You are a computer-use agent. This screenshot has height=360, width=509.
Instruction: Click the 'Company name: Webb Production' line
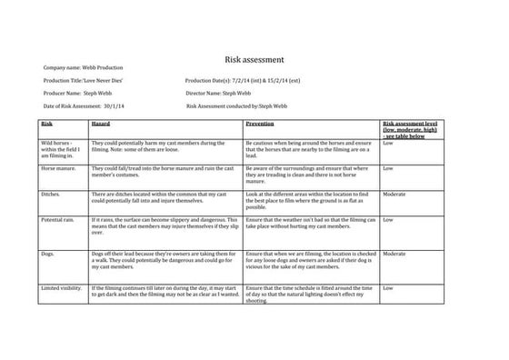coord(83,68)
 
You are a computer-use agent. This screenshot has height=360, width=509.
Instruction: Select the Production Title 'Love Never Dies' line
coord(84,81)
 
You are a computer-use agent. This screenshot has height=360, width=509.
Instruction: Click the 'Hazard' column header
coord(102,123)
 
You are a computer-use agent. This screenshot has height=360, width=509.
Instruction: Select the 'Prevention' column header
coord(260,123)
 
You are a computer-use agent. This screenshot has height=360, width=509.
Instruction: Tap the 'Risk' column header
coord(46,123)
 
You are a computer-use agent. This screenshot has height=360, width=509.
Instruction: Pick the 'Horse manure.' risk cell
coord(58,169)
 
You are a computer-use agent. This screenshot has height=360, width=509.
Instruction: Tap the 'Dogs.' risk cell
coord(48,255)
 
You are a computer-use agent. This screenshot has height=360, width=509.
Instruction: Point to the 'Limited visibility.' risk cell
coord(63,289)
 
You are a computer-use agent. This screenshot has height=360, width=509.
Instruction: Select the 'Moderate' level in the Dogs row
coord(394,255)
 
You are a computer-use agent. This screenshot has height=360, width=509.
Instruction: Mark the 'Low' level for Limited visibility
coord(388,289)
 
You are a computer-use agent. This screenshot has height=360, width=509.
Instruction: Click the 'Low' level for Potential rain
coord(388,220)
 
